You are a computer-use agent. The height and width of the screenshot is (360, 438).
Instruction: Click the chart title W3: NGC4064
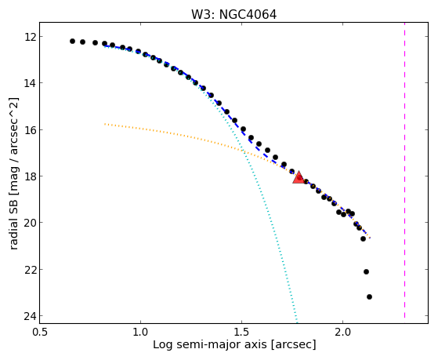click(233, 15)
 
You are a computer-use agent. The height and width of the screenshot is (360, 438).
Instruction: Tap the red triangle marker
click(299, 177)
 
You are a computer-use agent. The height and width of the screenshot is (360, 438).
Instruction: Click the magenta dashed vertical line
click(404, 170)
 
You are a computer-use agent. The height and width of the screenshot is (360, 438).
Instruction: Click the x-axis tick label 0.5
click(40, 332)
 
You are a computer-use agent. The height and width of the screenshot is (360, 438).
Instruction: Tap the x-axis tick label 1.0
click(140, 332)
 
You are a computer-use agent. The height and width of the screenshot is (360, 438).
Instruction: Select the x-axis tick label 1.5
click(242, 332)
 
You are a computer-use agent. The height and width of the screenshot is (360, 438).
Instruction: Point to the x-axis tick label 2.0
click(343, 332)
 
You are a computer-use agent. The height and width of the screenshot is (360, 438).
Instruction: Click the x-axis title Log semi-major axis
click(210, 344)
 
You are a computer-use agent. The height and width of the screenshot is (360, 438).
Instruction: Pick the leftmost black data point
click(72, 41)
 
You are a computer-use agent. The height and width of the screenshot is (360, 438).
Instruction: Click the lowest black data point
click(369, 296)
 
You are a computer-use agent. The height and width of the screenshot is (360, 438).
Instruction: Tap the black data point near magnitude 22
click(366, 271)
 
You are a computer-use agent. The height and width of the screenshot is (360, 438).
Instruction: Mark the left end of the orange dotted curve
click(105, 124)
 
